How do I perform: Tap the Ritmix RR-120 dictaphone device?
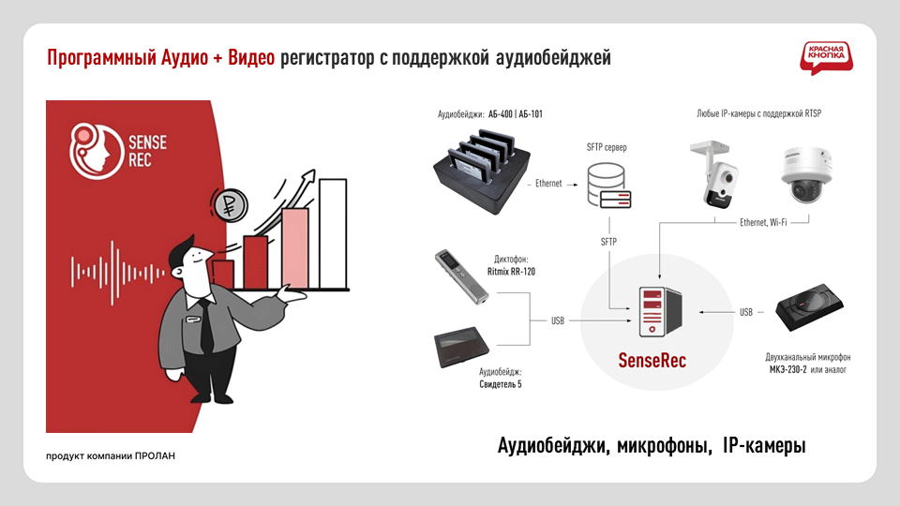pyautogui.click(x=463, y=276)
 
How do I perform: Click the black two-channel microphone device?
pyautogui.click(x=814, y=312)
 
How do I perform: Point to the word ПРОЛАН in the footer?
pyautogui.click(x=155, y=456)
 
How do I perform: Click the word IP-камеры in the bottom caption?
pyautogui.click(x=765, y=447)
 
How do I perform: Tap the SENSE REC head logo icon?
pyautogui.click(x=93, y=151)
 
